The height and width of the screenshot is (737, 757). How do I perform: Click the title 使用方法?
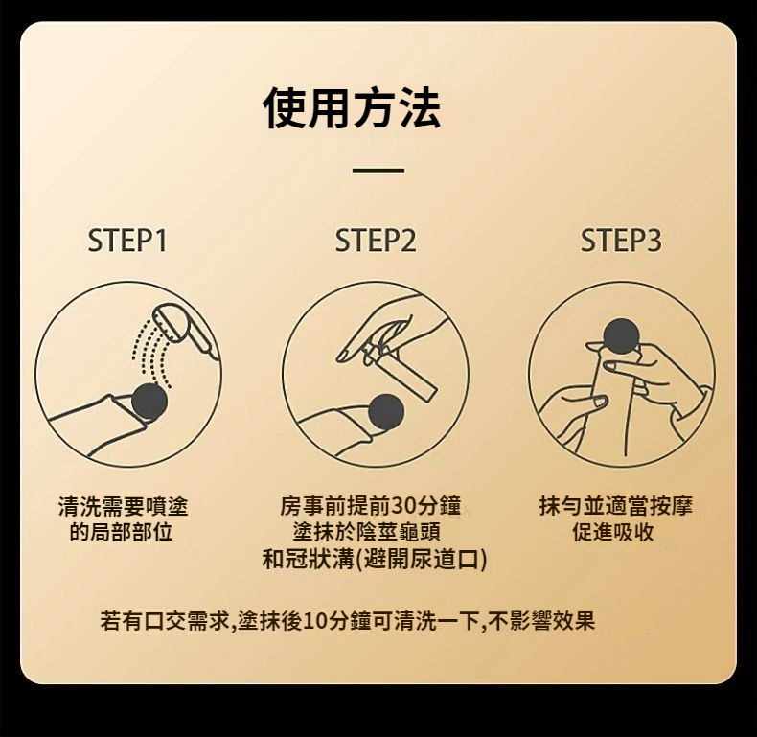[352, 107]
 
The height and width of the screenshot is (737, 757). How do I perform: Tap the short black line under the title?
[378, 170]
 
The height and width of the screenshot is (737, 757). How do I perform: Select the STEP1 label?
[127, 241]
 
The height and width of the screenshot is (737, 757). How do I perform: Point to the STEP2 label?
[375, 241]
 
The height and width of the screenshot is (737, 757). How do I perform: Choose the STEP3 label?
[621, 241]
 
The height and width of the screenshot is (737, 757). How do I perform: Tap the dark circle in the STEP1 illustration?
[149, 402]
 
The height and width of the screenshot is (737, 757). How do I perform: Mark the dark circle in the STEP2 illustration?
[386, 412]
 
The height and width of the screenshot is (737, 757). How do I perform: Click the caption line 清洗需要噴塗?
[123, 506]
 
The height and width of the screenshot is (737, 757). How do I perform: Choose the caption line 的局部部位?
[121, 532]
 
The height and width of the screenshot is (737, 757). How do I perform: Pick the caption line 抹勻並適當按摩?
[616, 506]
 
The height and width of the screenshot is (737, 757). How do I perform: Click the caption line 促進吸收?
[613, 532]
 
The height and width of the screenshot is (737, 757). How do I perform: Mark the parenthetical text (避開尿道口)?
[422, 560]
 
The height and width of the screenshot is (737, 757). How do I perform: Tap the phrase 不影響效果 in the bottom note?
[541, 621]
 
